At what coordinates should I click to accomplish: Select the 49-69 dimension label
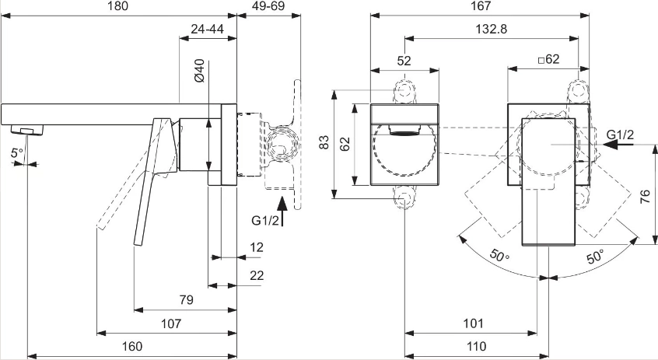point(269,6)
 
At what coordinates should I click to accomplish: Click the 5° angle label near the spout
point(18,154)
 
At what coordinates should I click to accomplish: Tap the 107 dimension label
point(171,323)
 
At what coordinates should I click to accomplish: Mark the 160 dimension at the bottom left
point(133,347)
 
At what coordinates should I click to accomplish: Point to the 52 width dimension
point(404,60)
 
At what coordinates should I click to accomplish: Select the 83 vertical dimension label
point(324,142)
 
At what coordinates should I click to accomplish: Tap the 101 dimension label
point(474,323)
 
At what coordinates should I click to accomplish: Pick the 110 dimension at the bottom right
point(476,347)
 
